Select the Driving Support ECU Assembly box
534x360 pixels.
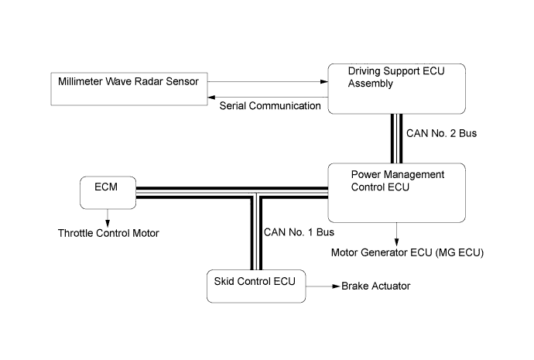click(397, 89)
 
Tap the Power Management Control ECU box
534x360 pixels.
click(397, 192)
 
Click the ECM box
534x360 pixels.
click(108, 192)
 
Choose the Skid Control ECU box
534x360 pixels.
click(255, 286)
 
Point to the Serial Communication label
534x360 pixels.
click(270, 105)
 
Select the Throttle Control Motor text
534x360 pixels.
click(108, 232)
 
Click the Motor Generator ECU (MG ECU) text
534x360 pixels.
click(407, 252)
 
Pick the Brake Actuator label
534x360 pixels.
click(375, 286)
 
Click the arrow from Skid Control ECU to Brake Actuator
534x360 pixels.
click(322, 286)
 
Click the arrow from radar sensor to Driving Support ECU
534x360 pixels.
click(267, 81)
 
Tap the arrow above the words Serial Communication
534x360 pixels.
click(267, 98)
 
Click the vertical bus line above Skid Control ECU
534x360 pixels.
click(255, 232)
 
